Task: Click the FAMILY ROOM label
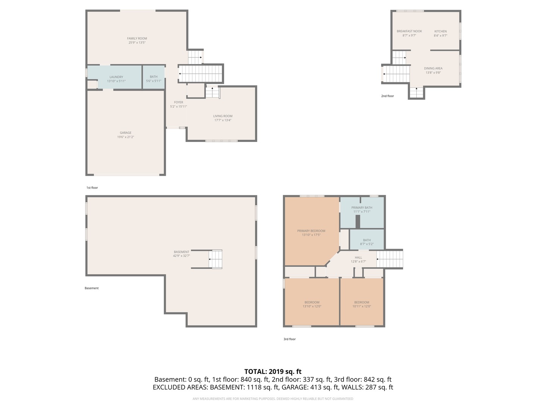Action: tap(137, 38)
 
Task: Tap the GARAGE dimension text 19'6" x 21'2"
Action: tap(126, 137)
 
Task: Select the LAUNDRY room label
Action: tap(116, 77)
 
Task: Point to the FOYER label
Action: tap(178, 102)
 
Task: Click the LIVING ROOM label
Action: tap(223, 116)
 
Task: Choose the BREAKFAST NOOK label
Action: tap(409, 31)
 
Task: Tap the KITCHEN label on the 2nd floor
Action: tap(440, 31)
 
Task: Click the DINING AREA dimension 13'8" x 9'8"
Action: tap(433, 73)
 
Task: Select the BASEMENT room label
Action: tap(181, 252)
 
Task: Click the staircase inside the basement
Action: tap(215, 259)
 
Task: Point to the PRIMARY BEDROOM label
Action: tap(311, 231)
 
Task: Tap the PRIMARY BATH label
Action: tap(362, 208)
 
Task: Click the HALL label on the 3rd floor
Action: tap(358, 257)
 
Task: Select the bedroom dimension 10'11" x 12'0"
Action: tap(361, 306)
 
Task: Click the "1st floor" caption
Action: tap(92, 188)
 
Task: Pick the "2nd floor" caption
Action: tap(387, 96)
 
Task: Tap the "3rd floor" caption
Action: tap(290, 339)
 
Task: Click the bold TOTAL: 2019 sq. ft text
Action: tap(273, 372)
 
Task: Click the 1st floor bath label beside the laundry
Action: tap(154, 77)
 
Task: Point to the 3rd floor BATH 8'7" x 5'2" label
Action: tap(367, 240)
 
